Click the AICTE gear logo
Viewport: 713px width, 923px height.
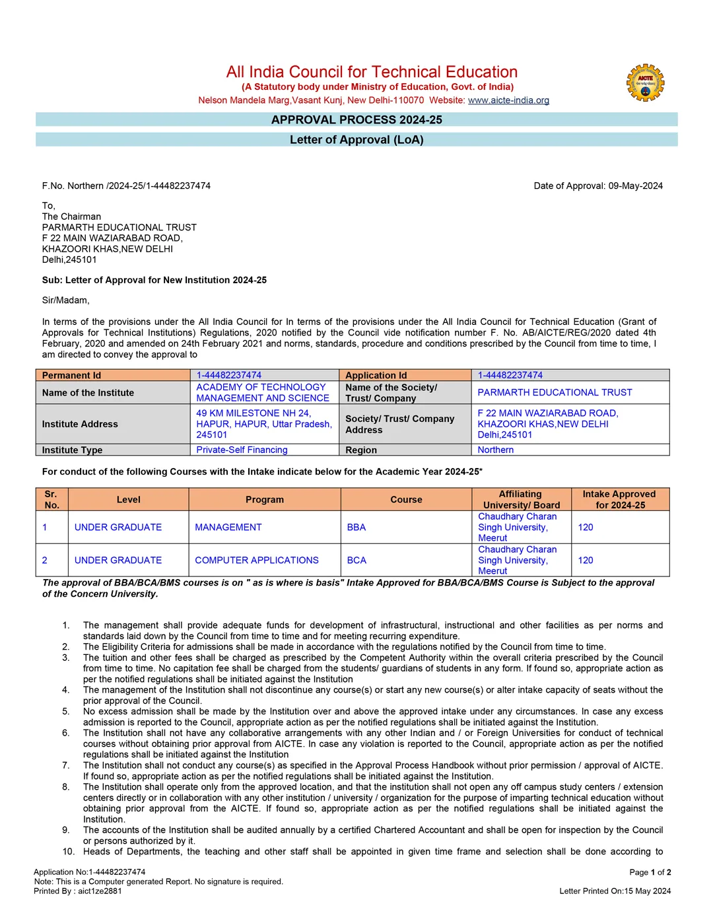pos(645,83)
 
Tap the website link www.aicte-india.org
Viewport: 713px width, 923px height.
pos(508,100)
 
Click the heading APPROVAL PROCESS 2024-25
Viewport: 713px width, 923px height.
pos(356,120)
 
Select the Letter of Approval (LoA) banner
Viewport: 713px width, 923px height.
pos(356,140)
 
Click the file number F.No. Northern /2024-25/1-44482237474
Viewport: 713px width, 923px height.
pos(126,186)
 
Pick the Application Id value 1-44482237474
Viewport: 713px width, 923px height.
pos(510,375)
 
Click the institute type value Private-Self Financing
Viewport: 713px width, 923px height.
pos(242,450)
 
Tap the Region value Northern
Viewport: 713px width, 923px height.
pos(495,450)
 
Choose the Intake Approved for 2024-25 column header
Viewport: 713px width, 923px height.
pos(619,500)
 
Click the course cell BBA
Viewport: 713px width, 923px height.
pos(356,528)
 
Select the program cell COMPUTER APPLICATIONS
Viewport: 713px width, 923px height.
pos(257,561)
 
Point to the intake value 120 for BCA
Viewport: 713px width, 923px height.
pos(586,561)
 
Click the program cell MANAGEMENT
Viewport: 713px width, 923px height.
pos(228,528)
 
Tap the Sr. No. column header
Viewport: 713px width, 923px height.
pos(51,500)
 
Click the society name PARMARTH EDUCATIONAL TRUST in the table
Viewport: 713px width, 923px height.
pos(555,393)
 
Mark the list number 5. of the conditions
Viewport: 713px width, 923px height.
pos(66,712)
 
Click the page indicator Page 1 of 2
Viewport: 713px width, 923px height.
pos(650,872)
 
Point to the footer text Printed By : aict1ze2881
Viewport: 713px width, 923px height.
pos(78,891)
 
